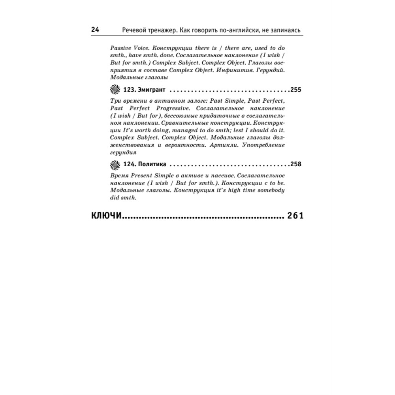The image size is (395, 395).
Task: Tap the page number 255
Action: click(x=295, y=90)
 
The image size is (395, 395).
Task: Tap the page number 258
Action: click(x=295, y=164)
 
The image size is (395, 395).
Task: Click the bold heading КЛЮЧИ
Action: click(x=106, y=216)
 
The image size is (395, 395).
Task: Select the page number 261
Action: click(x=295, y=216)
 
